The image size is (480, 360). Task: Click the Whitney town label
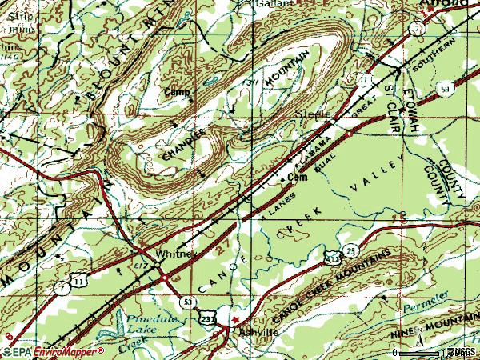coord(175,254)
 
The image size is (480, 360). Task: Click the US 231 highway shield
coord(207,318)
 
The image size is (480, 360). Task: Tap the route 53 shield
coord(186,301)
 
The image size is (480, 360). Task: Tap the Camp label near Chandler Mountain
coord(177,92)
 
